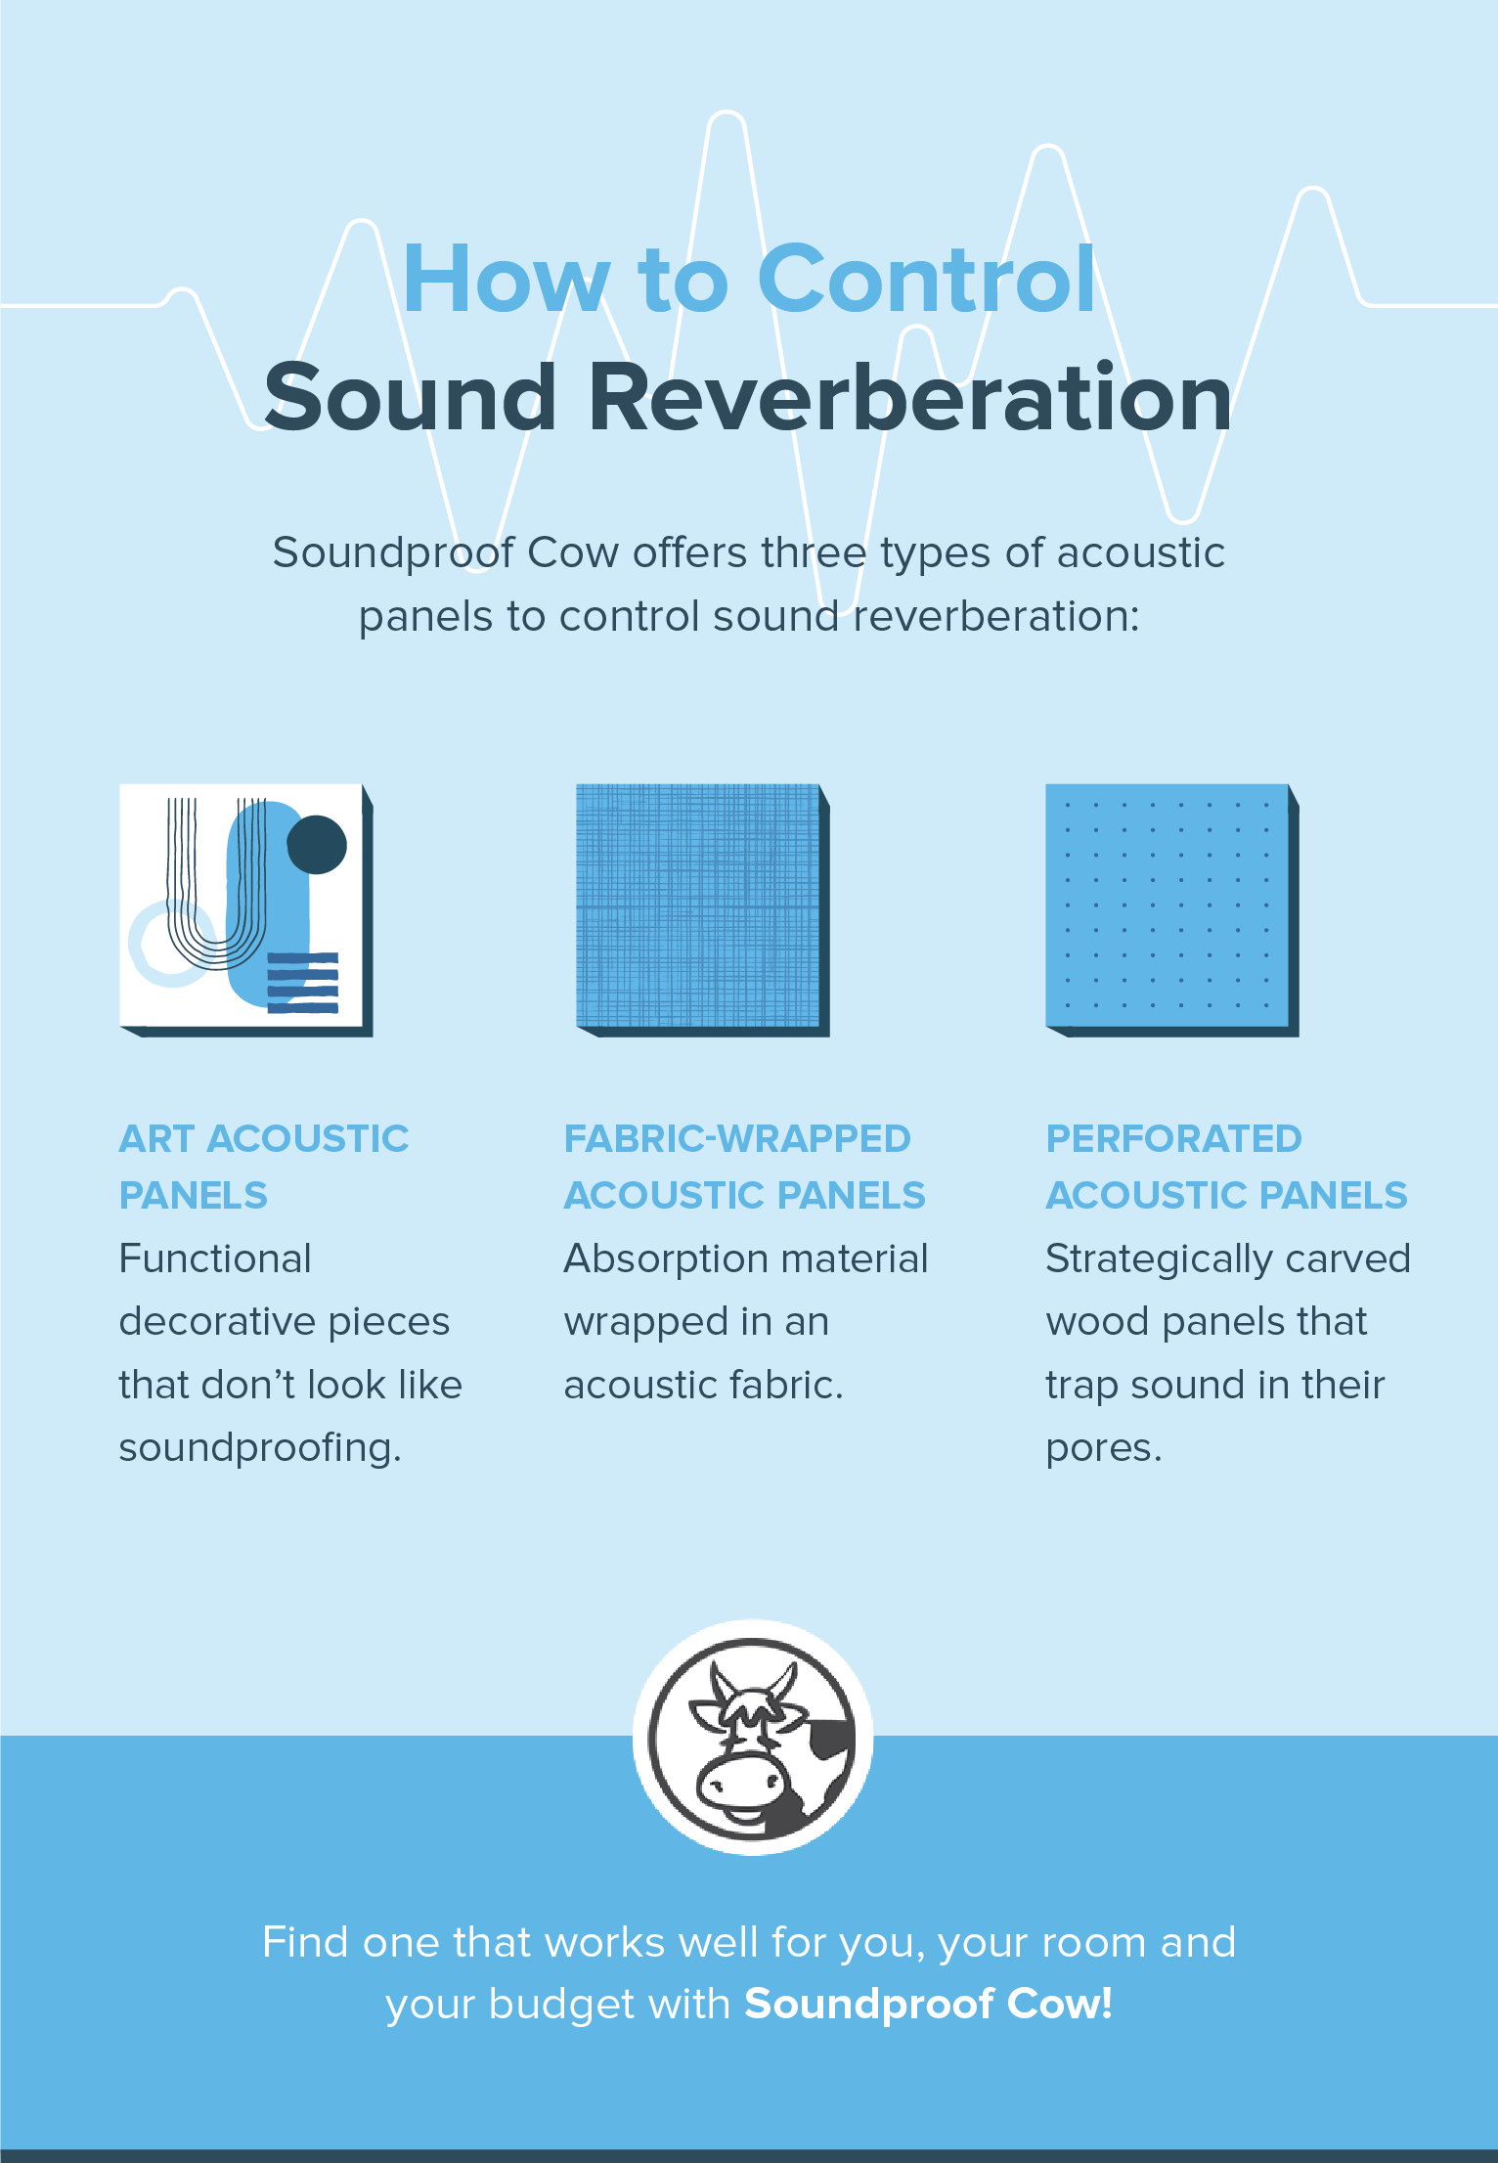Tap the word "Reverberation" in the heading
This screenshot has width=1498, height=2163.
(909, 397)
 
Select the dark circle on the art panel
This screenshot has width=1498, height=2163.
(317, 844)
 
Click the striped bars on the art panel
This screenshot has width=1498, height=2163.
(303, 983)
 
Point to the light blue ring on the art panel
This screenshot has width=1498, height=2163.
(156, 946)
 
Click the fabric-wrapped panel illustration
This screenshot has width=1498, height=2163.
(698, 905)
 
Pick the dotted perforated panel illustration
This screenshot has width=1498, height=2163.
(1168, 905)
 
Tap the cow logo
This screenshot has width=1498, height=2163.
(753, 1737)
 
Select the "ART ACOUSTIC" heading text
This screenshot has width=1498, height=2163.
(264, 1139)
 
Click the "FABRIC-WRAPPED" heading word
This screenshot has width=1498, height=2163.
(737, 1139)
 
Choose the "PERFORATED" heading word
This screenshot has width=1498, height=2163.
(1173, 1139)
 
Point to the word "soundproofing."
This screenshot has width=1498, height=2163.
(260, 1448)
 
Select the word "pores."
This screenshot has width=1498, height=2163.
(1103, 1448)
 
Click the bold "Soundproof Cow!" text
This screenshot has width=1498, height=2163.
(928, 2004)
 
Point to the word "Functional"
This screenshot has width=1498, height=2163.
(215, 1259)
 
